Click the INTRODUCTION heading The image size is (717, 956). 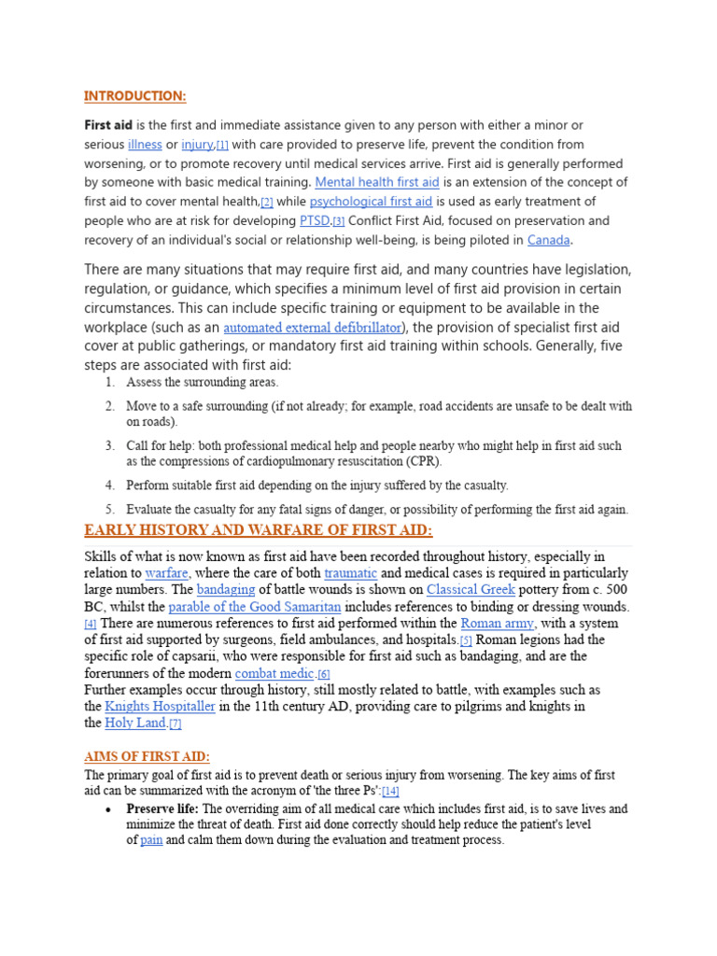pos(135,96)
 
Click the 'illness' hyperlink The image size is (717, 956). pos(145,145)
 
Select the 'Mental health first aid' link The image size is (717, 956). pos(376,182)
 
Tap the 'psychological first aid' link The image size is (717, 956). pos(371,202)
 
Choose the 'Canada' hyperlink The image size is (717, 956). pos(548,240)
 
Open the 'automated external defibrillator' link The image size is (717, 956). pos(313,328)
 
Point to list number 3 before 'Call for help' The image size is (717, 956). pos(110,446)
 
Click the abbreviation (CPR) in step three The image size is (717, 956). pos(423,461)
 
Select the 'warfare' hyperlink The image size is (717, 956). pos(166,572)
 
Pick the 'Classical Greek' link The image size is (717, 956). pos(471,590)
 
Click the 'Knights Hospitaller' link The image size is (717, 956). pos(160,707)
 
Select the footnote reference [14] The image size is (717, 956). pos(390,791)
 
